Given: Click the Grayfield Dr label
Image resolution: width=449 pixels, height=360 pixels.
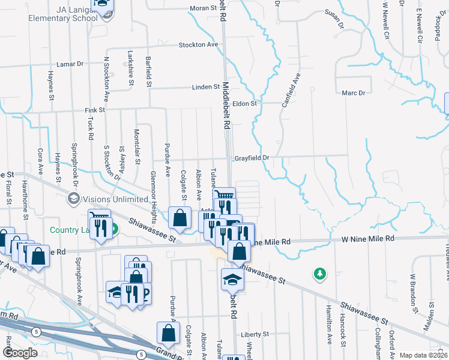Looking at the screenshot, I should pos(251,158).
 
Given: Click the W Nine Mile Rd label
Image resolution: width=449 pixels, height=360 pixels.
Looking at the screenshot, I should pos(368,239).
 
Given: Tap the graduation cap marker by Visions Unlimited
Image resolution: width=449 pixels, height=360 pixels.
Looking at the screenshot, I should pos(74,199).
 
